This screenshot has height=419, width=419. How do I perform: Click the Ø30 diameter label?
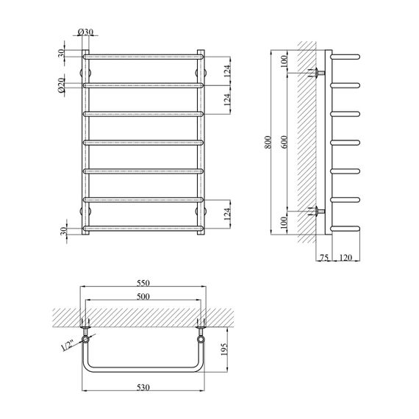coord(85,32)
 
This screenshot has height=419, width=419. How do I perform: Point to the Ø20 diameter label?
coord(61,85)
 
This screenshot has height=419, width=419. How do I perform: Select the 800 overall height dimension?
coord(268,142)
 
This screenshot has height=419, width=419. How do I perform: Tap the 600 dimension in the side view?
coord(284,142)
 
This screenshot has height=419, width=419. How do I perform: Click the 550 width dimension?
coord(143,283)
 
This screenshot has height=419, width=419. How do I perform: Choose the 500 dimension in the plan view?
coord(143,297)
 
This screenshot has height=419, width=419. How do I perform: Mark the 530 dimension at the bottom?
coord(143,387)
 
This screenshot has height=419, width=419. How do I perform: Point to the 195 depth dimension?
coord(224,349)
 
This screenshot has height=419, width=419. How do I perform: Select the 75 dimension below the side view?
coord(324,257)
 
